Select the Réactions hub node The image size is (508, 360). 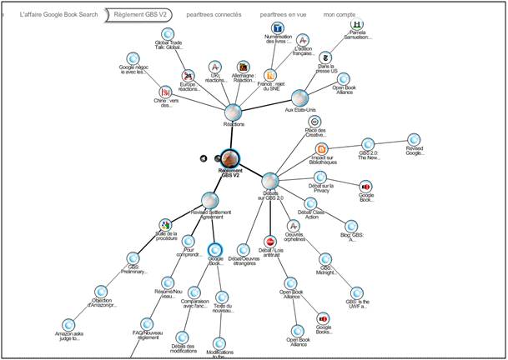(234, 112)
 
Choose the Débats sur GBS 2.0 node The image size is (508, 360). (269, 181)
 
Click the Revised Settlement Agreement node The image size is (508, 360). (210, 200)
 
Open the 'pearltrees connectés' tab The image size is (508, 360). (214, 14)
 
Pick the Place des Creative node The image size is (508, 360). (314, 122)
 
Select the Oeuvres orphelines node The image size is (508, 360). (292, 226)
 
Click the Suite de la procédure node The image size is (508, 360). (167, 225)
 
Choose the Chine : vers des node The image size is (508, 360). (165, 92)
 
